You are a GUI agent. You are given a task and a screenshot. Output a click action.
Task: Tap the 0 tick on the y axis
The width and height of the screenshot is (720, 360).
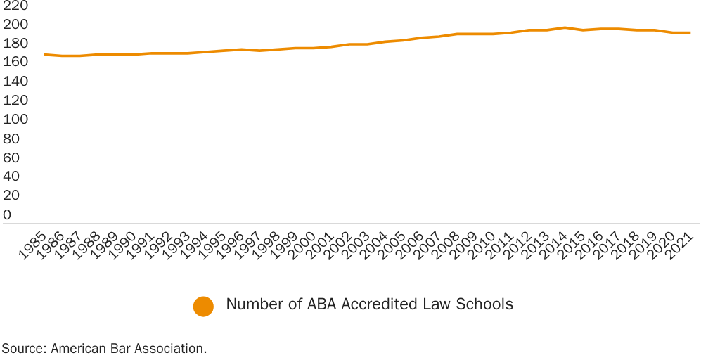(7, 214)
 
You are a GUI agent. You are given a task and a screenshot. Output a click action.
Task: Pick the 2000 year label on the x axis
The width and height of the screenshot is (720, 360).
(304, 247)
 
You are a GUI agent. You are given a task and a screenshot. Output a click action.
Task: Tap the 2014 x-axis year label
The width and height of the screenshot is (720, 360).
(557, 247)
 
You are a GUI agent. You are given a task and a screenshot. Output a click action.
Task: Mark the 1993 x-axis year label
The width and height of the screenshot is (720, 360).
(178, 247)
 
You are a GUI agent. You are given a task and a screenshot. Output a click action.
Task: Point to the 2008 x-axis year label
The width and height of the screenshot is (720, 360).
(449, 247)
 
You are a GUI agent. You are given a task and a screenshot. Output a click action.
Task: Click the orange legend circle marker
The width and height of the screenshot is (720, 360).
(203, 307)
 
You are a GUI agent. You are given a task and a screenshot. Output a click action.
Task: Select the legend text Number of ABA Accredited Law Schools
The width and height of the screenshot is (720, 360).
(369, 304)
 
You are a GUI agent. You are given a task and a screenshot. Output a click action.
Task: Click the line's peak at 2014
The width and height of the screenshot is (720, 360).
(565, 27)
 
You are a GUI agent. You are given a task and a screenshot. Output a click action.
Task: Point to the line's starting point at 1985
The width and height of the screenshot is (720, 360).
(44, 54)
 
